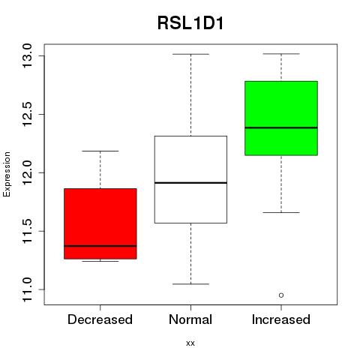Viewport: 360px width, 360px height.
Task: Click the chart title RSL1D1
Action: (x=190, y=23)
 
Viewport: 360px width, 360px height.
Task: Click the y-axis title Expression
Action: (x=7, y=174)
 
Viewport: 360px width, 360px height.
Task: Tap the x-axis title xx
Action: (x=190, y=343)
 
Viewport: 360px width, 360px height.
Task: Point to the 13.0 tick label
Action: (x=27, y=55)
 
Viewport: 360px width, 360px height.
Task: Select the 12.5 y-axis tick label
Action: (x=27, y=114)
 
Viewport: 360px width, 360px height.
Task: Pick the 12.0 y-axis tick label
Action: (x=27, y=172)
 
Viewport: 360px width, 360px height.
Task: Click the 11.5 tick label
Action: (x=27, y=231)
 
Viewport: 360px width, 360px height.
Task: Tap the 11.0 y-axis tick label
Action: (x=27, y=289)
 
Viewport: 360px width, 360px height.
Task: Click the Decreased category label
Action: (x=100, y=319)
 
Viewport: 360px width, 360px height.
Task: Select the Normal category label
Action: (x=190, y=319)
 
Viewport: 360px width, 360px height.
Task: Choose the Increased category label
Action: (x=281, y=319)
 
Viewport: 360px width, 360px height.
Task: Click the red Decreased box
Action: (x=100, y=223)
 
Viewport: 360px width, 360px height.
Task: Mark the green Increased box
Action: (x=281, y=118)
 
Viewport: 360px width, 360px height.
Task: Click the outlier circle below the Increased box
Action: (x=281, y=295)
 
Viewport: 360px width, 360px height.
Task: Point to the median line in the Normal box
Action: (x=190, y=183)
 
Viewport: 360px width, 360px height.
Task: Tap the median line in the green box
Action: (x=281, y=127)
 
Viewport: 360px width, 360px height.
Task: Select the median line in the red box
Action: (x=100, y=246)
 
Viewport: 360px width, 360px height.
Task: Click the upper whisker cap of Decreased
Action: (x=100, y=151)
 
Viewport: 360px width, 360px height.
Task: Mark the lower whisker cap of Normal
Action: (x=190, y=284)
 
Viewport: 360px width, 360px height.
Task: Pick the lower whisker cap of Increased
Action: (x=281, y=212)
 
